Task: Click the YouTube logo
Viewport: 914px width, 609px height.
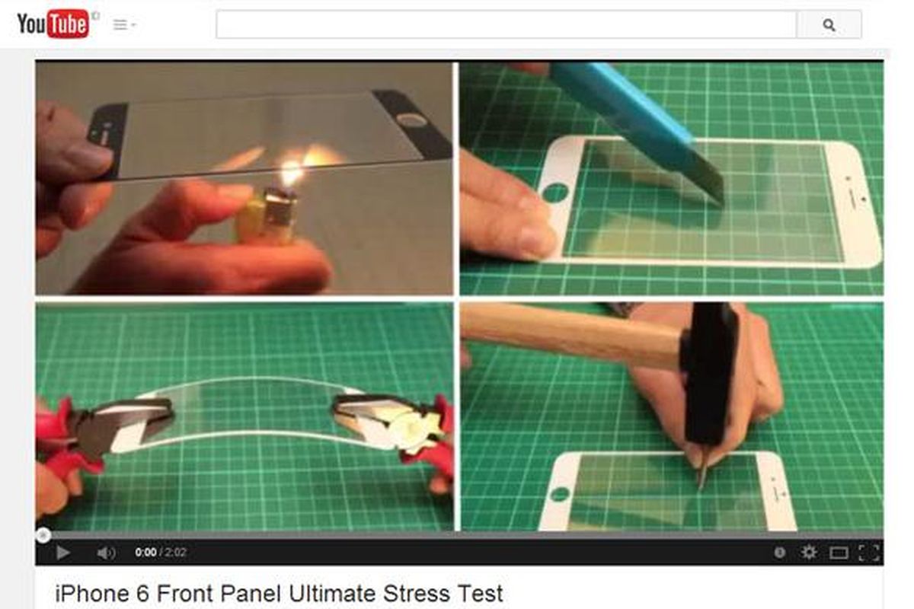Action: [x=53, y=24]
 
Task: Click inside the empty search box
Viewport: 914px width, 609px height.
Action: [x=506, y=24]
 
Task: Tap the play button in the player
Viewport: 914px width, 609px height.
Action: [x=62, y=553]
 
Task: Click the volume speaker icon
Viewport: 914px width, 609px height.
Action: [x=106, y=553]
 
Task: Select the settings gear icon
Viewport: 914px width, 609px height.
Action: [x=808, y=553]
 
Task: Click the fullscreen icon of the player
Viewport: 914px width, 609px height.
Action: [x=868, y=553]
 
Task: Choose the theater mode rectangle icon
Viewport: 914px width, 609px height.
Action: [x=839, y=553]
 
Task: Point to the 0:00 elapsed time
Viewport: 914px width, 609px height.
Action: [x=145, y=553]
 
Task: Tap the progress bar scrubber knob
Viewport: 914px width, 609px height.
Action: [x=43, y=534]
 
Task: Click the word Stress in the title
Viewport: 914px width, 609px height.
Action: [x=417, y=594]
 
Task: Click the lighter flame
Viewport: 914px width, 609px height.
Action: [x=292, y=172]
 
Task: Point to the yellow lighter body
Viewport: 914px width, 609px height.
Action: [x=250, y=219]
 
